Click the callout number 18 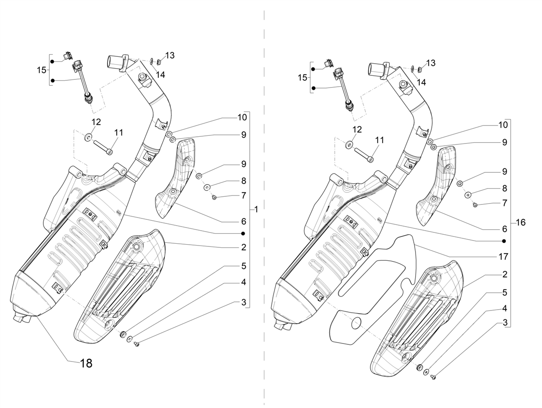tap(86, 363)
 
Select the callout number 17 tap(503, 257)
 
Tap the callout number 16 tap(520, 223)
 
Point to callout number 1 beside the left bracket tap(256, 210)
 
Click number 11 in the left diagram tap(118, 133)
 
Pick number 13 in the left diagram tap(170, 56)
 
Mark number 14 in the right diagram tap(421, 83)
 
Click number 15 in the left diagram tap(42, 70)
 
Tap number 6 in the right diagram tap(505, 229)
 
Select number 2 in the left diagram tap(244, 247)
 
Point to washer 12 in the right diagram tap(349, 145)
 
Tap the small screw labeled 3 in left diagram tap(136, 344)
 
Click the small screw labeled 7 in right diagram tap(475, 205)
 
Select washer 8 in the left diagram tap(207, 187)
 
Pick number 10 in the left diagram tap(242, 117)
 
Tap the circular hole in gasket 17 tap(356, 323)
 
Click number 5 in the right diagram tap(505, 292)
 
